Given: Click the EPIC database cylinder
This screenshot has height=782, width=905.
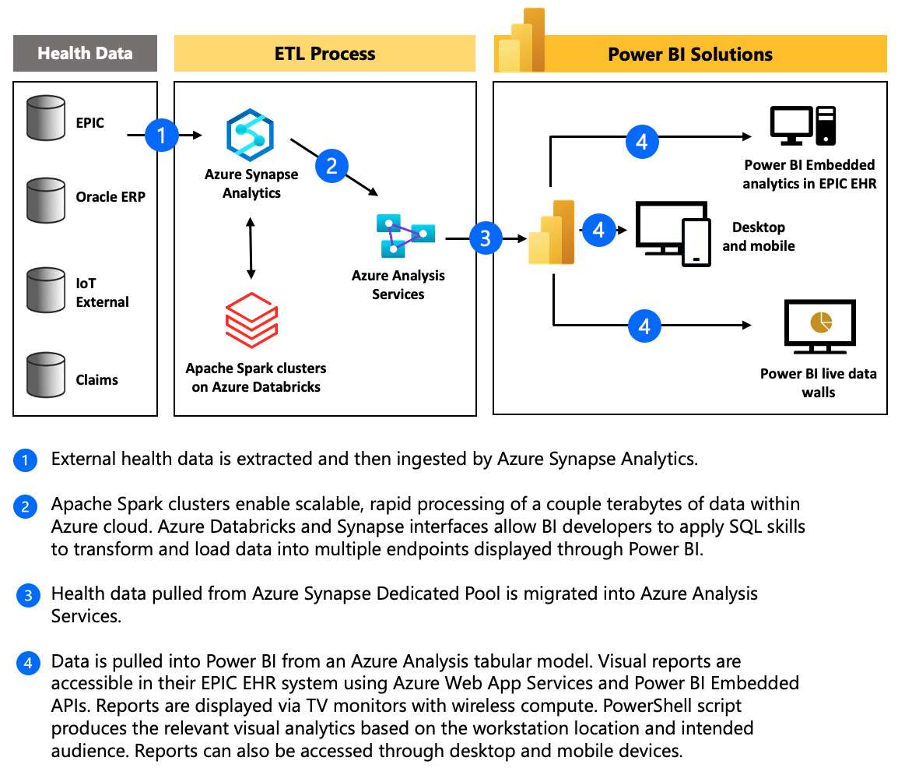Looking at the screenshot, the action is click(x=46, y=118).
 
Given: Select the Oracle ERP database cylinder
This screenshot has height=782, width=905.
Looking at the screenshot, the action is click(x=46, y=200).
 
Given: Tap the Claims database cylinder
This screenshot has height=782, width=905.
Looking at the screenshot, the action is click(x=46, y=375).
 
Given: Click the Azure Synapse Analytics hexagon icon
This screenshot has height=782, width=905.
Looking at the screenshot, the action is click(x=250, y=136).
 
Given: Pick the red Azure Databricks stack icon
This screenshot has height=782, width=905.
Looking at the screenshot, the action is click(x=251, y=320).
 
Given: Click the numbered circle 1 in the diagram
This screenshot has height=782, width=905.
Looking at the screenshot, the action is click(x=161, y=136).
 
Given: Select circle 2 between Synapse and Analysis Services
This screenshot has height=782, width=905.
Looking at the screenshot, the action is click(x=331, y=167).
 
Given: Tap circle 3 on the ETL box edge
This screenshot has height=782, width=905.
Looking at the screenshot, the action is click(x=486, y=238).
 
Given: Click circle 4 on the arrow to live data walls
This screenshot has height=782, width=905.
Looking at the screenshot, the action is click(x=644, y=326).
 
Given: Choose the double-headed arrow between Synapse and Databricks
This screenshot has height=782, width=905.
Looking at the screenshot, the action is click(x=251, y=248).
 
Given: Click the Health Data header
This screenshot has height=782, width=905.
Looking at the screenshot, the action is click(x=85, y=53).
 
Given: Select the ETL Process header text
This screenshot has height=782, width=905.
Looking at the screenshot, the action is click(x=325, y=54).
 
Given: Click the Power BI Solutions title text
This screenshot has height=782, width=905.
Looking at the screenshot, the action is click(x=690, y=55).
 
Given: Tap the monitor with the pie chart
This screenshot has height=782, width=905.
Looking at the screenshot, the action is click(x=819, y=326).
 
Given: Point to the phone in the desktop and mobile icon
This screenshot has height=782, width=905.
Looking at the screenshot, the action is click(x=696, y=242).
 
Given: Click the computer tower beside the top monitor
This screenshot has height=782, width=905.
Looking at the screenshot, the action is click(x=826, y=125).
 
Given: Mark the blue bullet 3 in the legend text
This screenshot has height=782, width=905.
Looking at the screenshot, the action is click(x=28, y=595).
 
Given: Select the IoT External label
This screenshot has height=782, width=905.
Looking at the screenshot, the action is click(x=102, y=293).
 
